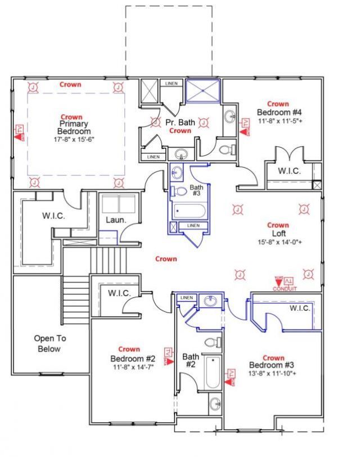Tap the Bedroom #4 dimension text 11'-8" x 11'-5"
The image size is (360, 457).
click(x=279, y=120)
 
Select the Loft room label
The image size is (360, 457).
click(x=278, y=234)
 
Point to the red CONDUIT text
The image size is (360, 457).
click(x=285, y=288)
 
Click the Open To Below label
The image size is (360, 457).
click(x=47, y=343)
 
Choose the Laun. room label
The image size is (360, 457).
click(x=116, y=219)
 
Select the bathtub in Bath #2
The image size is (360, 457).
click(x=213, y=373)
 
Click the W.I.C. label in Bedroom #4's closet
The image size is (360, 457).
click(x=289, y=171)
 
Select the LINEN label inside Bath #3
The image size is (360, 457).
click(x=193, y=226)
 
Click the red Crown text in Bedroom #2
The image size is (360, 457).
click(x=129, y=350)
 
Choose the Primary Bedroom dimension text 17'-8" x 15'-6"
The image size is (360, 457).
click(x=74, y=139)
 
